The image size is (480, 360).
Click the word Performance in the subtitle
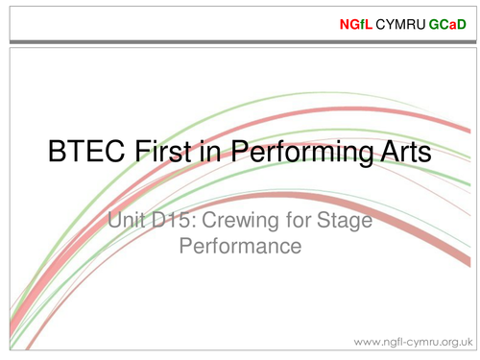[240, 247]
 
